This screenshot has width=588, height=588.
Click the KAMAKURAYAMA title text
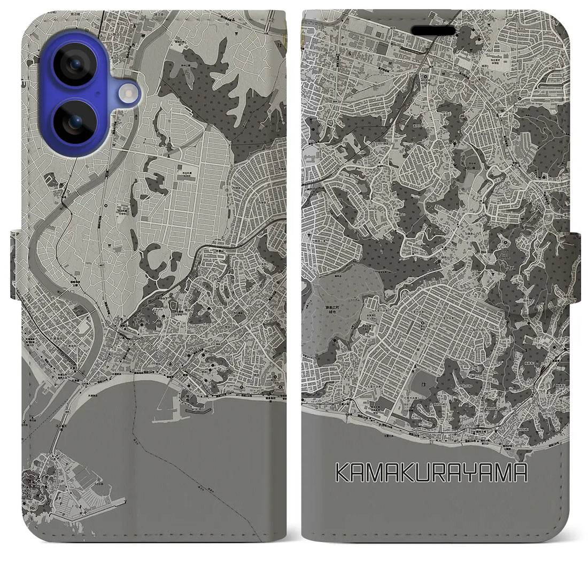point(432,473)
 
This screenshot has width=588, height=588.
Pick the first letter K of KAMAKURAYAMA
point(343,473)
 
